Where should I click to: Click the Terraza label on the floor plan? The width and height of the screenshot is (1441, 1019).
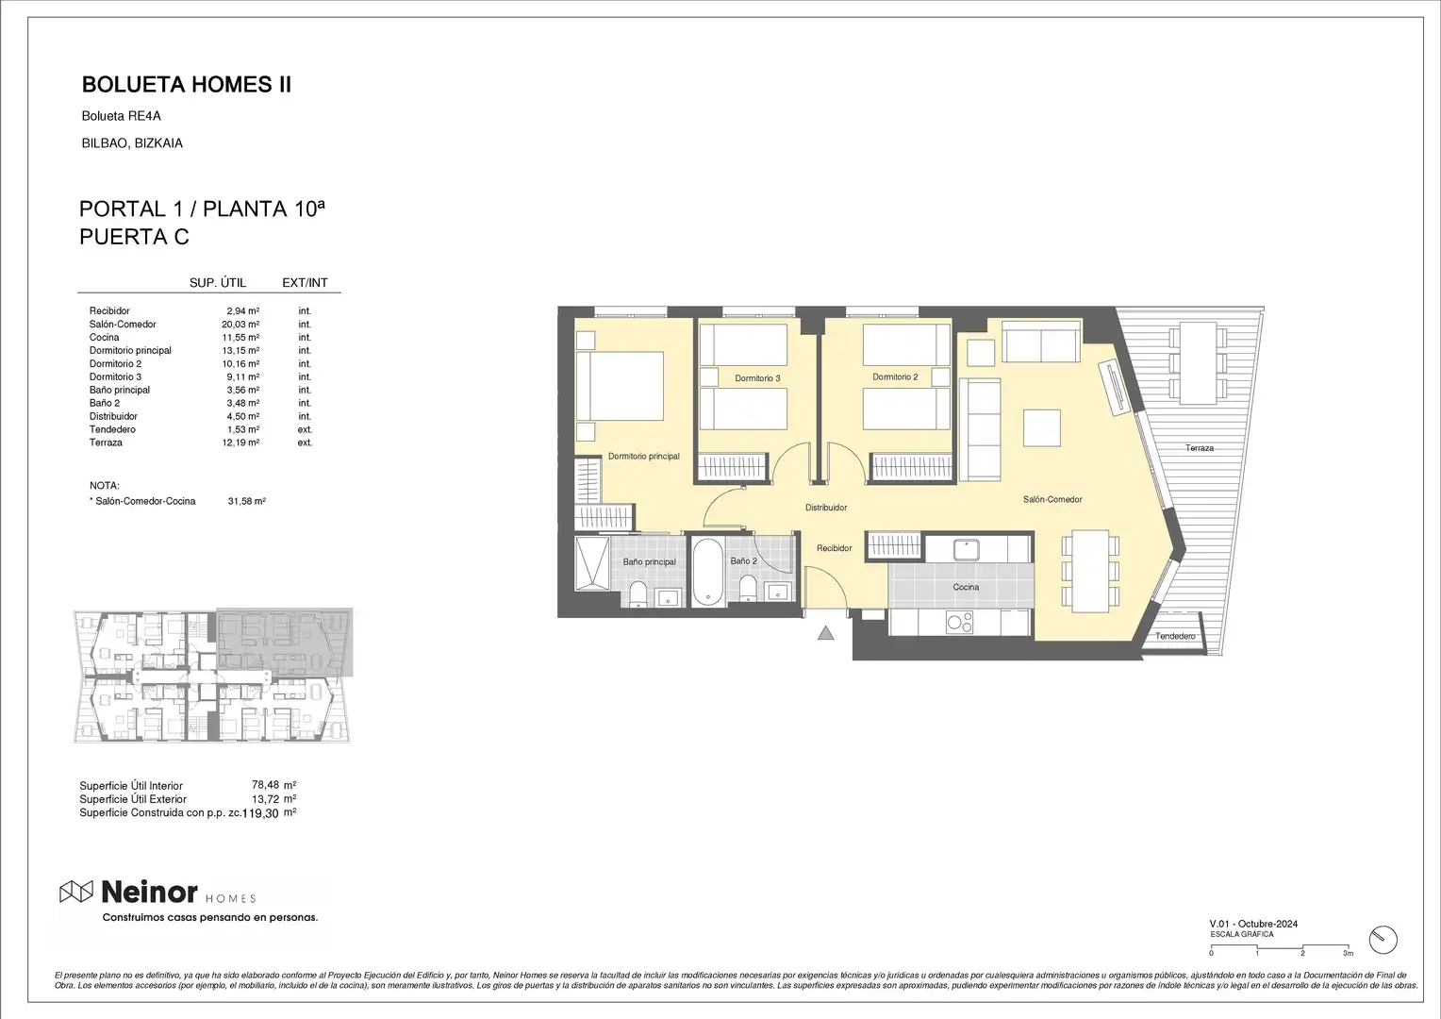(x=1200, y=448)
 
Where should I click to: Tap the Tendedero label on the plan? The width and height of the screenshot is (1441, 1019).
(x=1175, y=636)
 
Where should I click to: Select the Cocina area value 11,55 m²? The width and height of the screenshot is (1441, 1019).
(x=240, y=337)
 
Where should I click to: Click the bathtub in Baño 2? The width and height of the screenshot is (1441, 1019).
(x=707, y=572)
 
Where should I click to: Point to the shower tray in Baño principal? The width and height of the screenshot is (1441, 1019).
(x=592, y=564)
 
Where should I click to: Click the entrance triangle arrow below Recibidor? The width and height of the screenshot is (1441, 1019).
(x=826, y=633)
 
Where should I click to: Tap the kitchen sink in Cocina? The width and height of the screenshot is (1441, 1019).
(x=967, y=550)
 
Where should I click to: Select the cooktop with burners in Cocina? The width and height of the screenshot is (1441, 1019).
(x=959, y=623)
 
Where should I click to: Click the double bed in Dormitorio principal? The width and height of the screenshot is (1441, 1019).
(x=620, y=386)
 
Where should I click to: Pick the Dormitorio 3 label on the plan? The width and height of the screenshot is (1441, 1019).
(x=757, y=378)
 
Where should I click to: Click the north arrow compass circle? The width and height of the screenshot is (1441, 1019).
(x=1383, y=940)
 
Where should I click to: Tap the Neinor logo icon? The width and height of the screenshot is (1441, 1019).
(x=76, y=892)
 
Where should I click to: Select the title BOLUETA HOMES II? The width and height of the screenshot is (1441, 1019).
(x=187, y=84)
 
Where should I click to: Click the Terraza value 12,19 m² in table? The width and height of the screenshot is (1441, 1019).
(x=240, y=443)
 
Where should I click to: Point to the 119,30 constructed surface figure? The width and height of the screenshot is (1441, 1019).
(x=260, y=813)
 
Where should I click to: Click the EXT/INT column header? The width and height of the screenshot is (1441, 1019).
(x=305, y=283)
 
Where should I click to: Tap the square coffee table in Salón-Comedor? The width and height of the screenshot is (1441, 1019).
(x=1041, y=428)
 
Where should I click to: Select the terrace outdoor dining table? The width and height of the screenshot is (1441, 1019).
(x=1198, y=363)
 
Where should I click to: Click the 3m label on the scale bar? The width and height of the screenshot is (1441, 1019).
(x=1349, y=953)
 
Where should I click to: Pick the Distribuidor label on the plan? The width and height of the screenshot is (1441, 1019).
(x=826, y=508)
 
